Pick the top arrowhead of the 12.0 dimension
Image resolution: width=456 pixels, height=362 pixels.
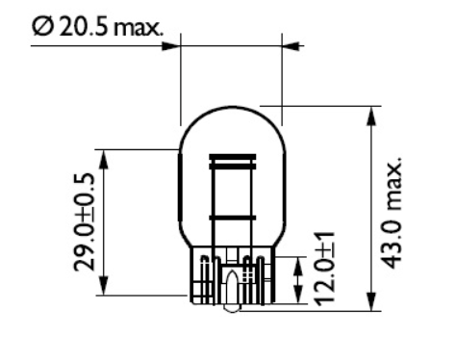click(300, 263)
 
